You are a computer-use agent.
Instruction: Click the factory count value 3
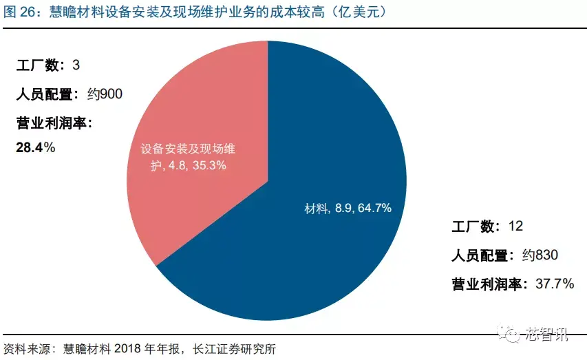76,65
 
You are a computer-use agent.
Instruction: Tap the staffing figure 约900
105,94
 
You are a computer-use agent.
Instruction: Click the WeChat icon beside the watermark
514,335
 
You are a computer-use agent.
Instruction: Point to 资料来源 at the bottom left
26,348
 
